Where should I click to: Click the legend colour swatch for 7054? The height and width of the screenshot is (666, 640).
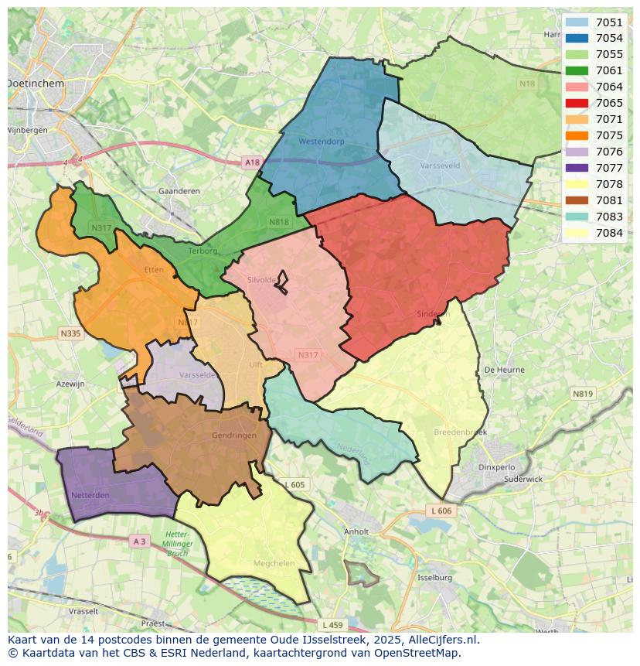pos(577,38)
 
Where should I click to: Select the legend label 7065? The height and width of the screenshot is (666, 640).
pos(609,103)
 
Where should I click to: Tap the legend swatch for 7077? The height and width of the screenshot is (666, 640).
pos(577,168)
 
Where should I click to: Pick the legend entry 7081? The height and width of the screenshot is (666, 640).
pos(609,200)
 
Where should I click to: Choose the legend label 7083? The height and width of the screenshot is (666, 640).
pos(609,217)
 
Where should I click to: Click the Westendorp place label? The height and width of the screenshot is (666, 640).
pos(321,142)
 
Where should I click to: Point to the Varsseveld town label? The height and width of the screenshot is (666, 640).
pos(441,166)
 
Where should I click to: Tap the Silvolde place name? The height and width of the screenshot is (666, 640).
pos(261,280)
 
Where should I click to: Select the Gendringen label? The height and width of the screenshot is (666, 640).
pos(233,435)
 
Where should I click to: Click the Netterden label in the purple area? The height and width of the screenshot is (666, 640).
pos(90,494)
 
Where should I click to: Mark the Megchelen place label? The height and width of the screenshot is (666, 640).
pos(273,563)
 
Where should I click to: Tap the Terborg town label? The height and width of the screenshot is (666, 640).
pos(203,251)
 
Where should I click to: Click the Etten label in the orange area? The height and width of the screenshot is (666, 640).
pos(154,270)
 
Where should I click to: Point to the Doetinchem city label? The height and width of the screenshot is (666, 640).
pos(36,82)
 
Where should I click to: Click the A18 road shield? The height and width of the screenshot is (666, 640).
pos(251,162)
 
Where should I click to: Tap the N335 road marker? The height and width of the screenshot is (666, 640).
pos(70,333)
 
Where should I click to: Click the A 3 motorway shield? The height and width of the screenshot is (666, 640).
pos(139,541)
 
